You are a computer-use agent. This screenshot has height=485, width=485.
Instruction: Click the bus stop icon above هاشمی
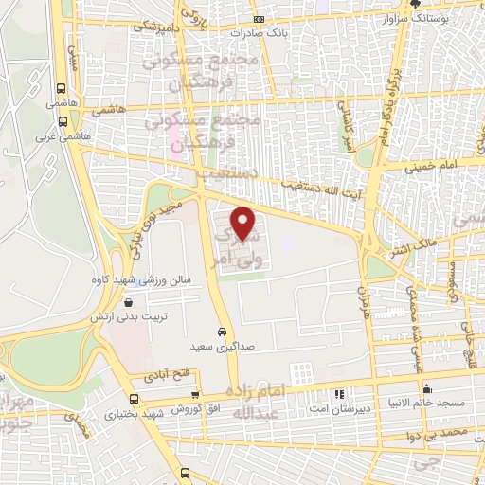click(x=63, y=82)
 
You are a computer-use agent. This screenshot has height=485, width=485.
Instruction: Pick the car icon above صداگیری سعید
click(x=221, y=333)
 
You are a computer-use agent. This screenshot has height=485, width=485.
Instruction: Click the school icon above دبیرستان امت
click(x=338, y=393)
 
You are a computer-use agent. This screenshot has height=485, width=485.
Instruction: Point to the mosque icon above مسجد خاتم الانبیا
click(x=428, y=387)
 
